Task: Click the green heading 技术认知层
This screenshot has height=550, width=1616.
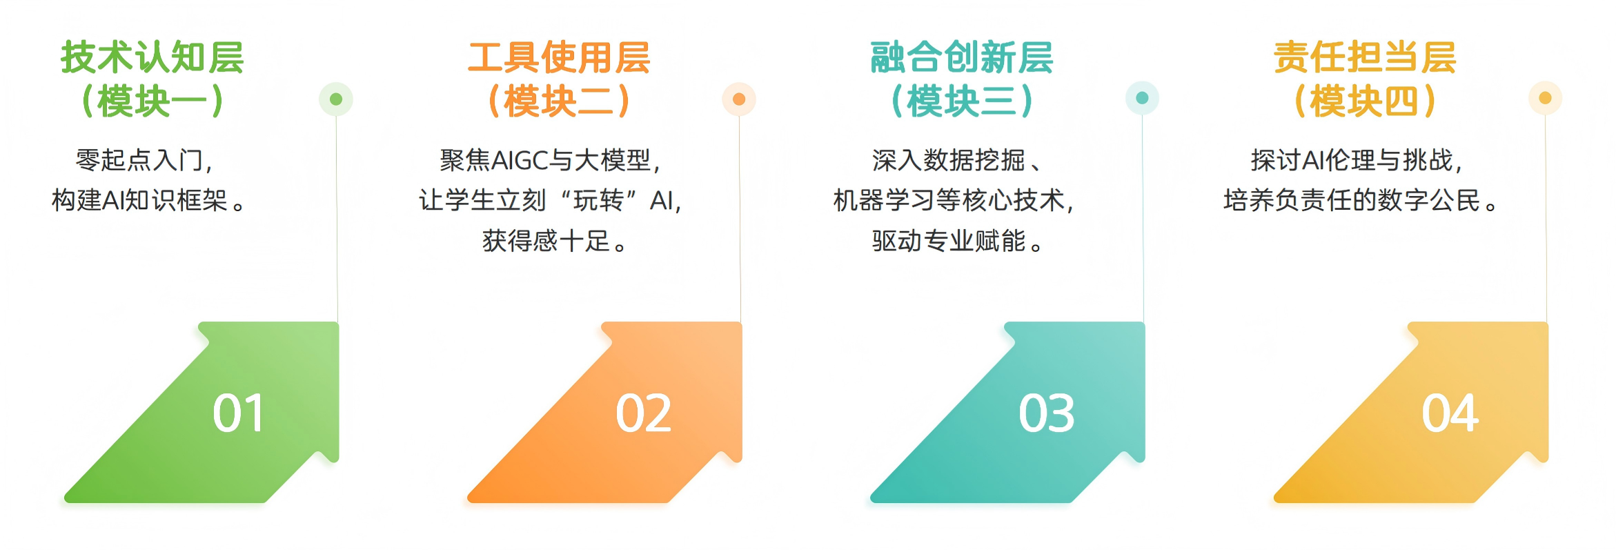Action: pos(152,57)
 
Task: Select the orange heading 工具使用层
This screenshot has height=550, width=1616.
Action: pos(559,57)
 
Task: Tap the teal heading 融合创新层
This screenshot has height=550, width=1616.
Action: pos(962,57)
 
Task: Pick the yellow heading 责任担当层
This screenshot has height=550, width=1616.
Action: pos(1365,57)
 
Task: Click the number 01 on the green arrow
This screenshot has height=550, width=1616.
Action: pos(238,413)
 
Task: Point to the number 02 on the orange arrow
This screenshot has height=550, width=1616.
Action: pos(643,413)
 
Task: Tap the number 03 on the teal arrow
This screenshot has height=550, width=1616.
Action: pos(1046,413)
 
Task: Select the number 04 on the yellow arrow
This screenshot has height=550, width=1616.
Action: pos(1450,413)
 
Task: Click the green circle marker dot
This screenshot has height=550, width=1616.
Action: pos(336,99)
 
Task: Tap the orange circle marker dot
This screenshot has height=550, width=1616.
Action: pos(739,99)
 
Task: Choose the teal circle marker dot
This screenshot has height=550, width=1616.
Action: pos(1142,98)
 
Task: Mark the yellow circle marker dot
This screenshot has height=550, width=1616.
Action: pos(1546,98)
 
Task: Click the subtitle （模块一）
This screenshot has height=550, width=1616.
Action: pos(152,101)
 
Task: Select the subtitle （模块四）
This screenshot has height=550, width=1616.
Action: pos(1365,101)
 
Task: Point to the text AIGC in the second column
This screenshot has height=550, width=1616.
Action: pos(520,161)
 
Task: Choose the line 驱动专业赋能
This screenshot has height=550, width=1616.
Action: pos(949,241)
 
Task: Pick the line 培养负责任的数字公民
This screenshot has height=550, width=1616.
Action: pos(1352,200)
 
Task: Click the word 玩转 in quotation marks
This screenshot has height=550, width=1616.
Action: pos(599,200)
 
